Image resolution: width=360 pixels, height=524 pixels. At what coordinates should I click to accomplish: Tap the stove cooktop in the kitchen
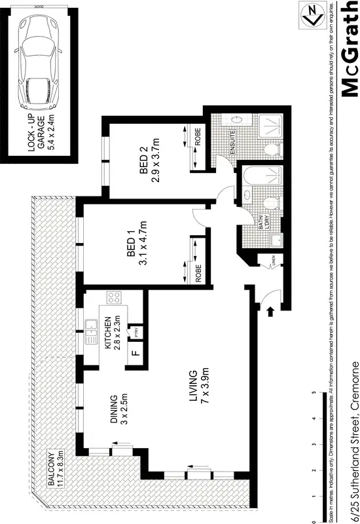(x=113, y=297)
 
